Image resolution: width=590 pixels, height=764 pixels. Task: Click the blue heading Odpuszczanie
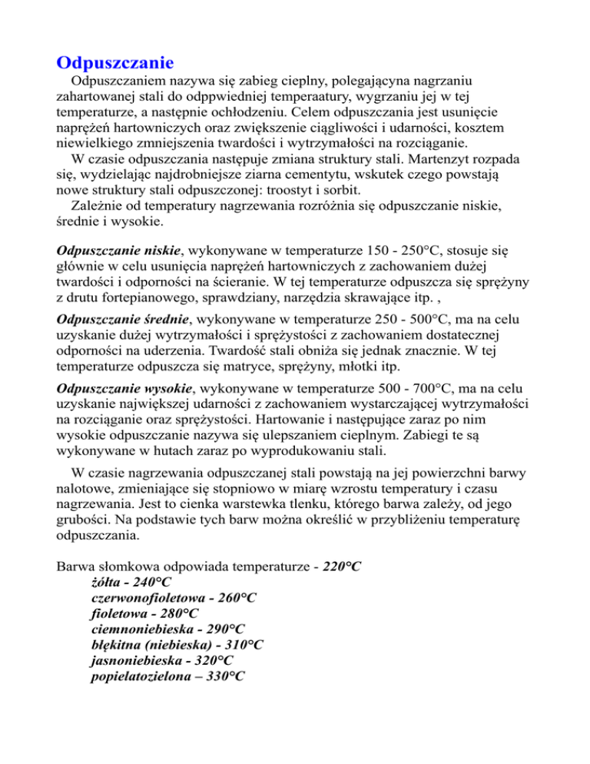click(116, 59)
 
